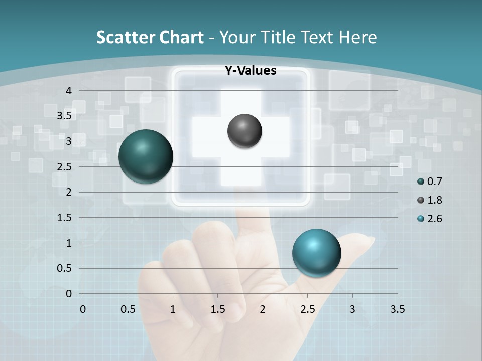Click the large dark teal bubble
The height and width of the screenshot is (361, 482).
(146, 156)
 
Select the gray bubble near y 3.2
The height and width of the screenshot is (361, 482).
(245, 131)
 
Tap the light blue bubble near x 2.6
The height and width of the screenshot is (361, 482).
(316, 253)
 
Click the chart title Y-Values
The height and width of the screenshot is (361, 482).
(250, 71)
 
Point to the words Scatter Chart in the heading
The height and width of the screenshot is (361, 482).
(150, 37)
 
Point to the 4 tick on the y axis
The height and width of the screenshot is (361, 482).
(69, 91)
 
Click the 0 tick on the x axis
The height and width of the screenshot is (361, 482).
(83, 309)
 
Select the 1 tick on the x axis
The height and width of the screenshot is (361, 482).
(173, 309)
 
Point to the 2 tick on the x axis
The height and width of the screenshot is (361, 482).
(263, 309)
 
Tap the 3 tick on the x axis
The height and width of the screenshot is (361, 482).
(352, 309)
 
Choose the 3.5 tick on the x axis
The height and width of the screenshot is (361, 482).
(397, 309)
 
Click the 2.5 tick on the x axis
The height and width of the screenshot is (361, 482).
(307, 309)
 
